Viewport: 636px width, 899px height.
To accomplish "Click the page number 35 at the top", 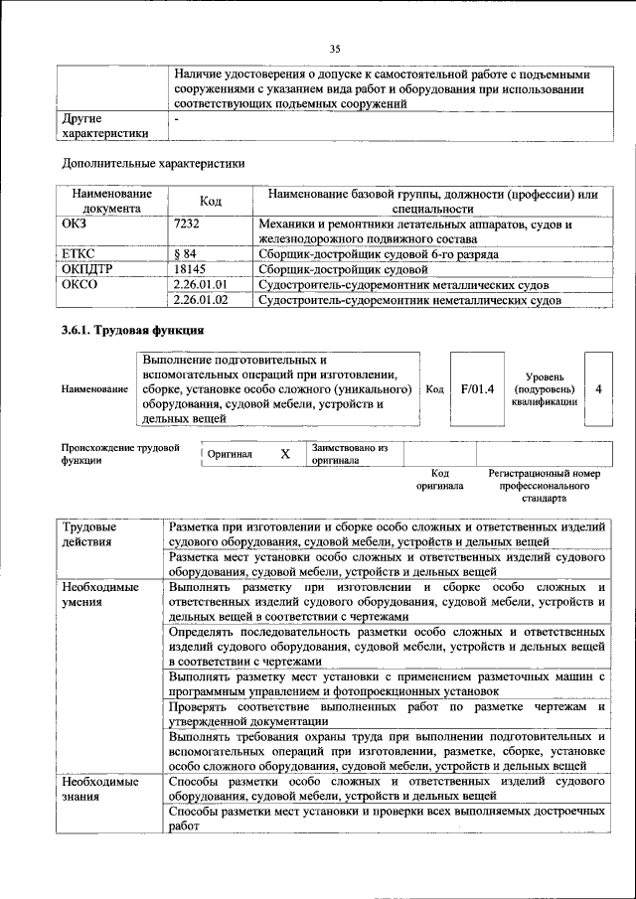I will (x=335, y=48).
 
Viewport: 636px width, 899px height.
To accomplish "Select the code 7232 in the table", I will (x=186, y=225).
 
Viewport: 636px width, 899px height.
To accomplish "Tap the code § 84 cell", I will (x=185, y=254).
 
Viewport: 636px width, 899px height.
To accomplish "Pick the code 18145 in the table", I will (x=189, y=269).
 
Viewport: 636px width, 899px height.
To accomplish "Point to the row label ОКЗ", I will (x=76, y=225).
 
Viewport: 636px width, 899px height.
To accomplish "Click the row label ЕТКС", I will (x=79, y=254).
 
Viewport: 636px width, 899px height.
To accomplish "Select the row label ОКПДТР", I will (x=87, y=269).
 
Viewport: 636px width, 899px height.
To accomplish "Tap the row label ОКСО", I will (x=79, y=285).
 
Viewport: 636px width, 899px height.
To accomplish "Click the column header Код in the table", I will (x=210, y=202).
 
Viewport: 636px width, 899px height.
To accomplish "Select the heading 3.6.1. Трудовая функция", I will (x=133, y=331).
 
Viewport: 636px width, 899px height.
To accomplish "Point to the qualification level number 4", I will (x=598, y=388).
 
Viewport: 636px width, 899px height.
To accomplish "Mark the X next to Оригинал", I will (x=285, y=454).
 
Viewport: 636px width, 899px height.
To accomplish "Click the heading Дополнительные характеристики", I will (x=153, y=163).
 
